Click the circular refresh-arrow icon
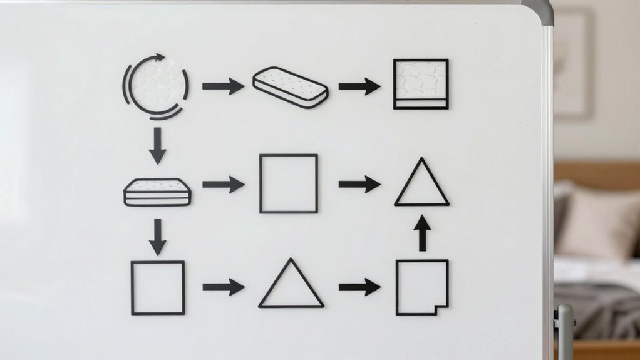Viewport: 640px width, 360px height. pos(155,86)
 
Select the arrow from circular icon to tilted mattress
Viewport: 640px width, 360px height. pos(223,86)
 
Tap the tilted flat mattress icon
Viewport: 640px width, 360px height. pos(290,87)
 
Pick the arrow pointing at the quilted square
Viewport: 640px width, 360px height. pos(359,86)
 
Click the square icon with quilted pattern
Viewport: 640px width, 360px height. pos(421,84)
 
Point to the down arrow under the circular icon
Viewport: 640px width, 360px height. pos(157,145)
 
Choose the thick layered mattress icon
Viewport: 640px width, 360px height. pos(157,192)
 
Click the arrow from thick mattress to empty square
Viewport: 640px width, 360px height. pos(223,184)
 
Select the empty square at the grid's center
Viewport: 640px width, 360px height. pos(289,184)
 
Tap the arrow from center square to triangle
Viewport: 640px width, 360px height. pos(359,184)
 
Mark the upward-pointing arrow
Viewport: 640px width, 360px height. pos(423,233)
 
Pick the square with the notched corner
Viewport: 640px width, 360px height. pos(421,287)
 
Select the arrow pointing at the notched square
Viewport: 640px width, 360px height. pos(359,287)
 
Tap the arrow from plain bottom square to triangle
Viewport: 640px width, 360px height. pos(223,287)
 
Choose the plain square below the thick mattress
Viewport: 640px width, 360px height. pos(158,287)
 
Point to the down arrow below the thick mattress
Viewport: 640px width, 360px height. pos(157,237)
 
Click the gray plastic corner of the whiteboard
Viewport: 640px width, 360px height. pos(541,9)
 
